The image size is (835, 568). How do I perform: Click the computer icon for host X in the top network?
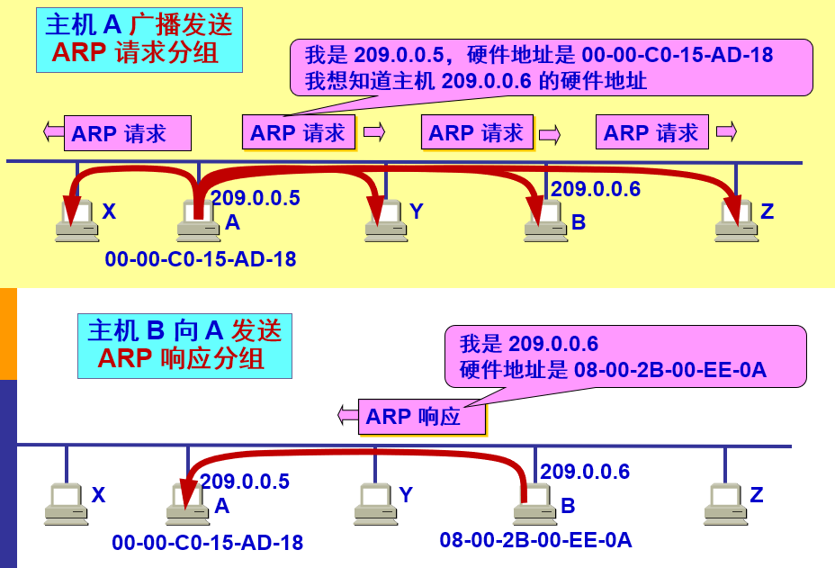[x=76, y=221]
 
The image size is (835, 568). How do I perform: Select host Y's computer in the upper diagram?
[x=386, y=221]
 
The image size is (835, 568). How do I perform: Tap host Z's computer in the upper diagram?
[x=737, y=221]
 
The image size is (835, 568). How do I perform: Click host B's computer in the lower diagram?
[x=535, y=505]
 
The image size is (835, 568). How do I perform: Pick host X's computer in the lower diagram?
[x=66, y=504]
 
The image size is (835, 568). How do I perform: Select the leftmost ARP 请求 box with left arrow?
[x=127, y=133]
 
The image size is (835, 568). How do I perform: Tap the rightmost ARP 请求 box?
[x=651, y=132]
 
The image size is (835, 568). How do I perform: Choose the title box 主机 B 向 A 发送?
[x=184, y=345]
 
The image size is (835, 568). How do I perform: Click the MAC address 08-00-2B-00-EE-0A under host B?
[x=535, y=540]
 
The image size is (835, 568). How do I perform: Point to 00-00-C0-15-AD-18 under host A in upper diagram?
[x=200, y=260]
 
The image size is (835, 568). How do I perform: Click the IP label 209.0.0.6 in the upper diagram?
[x=595, y=189]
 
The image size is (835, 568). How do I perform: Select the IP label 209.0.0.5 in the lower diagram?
[x=245, y=482]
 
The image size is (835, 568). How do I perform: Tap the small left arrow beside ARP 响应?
[x=347, y=416]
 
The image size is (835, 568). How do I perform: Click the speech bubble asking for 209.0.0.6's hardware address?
[x=551, y=68]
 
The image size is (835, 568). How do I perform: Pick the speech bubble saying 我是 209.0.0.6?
[x=624, y=356]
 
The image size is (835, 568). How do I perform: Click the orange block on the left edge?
[x=8, y=333]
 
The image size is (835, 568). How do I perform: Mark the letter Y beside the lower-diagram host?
[x=406, y=494]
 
